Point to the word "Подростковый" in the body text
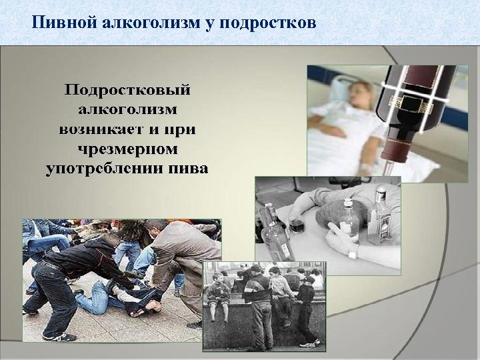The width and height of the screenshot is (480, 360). pos(127,89)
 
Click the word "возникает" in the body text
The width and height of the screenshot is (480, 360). pos(99,128)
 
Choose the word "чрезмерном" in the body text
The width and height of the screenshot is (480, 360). pos(127,147)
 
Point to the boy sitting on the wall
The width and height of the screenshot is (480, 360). pos(218,293)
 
